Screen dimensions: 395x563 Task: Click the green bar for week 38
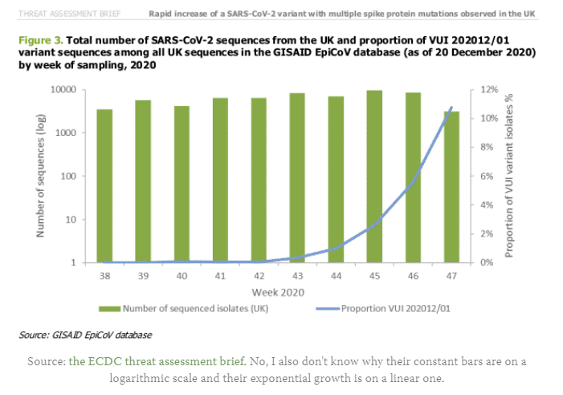click(x=104, y=185)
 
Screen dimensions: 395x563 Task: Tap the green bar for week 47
click(x=451, y=187)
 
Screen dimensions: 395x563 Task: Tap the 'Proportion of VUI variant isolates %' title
click(x=508, y=175)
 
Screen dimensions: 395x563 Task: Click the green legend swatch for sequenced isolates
click(x=120, y=307)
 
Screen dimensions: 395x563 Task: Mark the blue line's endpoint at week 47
click(x=451, y=107)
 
